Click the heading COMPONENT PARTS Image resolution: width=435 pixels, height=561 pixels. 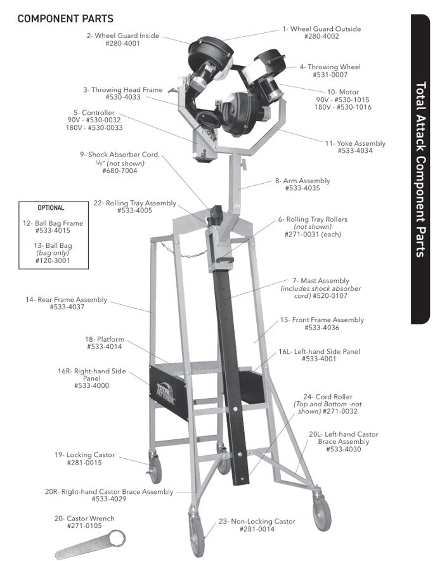pos(65,18)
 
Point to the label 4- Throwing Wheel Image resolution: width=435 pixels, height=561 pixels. pos(330,67)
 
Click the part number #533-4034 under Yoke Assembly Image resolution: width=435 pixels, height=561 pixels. pos(354,151)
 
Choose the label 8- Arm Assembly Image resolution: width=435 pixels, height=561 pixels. pos(302,181)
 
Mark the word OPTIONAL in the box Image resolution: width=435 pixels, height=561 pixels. pos(51,208)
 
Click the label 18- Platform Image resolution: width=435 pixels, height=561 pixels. pos(105,339)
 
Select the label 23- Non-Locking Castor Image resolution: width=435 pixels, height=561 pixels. pos(257,522)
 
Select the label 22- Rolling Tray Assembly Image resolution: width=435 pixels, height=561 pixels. pos(134,203)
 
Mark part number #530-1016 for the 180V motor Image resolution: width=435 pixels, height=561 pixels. pos(342,107)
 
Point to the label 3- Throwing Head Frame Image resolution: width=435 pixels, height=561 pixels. pos(122,90)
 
